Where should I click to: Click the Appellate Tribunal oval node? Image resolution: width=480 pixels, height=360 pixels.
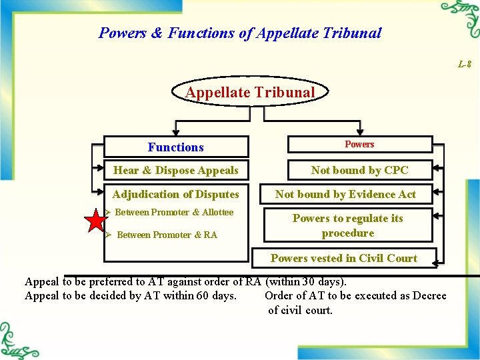coord(250,93)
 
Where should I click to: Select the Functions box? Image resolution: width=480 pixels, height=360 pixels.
coord(176,147)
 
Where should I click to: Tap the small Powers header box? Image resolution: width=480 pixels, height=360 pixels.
coord(359,145)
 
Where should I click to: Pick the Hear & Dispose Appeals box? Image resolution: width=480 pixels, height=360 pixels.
coord(176,170)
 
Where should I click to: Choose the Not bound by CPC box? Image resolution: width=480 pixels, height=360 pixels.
coord(359,170)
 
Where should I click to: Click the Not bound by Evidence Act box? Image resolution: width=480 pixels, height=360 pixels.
coord(345,194)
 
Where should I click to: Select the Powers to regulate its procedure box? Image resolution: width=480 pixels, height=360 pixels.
coord(347,226)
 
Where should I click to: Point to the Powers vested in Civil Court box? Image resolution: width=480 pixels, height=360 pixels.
coord(343,258)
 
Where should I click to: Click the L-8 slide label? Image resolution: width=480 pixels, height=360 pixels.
coord(465,65)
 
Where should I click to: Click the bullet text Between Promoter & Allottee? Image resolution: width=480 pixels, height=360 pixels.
coord(174,213)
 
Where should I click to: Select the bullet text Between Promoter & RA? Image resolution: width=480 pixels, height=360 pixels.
coord(167,235)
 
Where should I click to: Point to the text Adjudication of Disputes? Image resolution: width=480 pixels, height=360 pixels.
coord(175,194)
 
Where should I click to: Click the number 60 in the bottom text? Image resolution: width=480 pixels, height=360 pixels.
coord(203,295)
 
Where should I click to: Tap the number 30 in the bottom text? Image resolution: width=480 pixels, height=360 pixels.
coord(306,281)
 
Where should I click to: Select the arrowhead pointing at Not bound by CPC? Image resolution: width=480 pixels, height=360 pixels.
coord(437,169)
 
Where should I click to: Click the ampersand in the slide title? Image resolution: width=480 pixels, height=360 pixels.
coord(157,33)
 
